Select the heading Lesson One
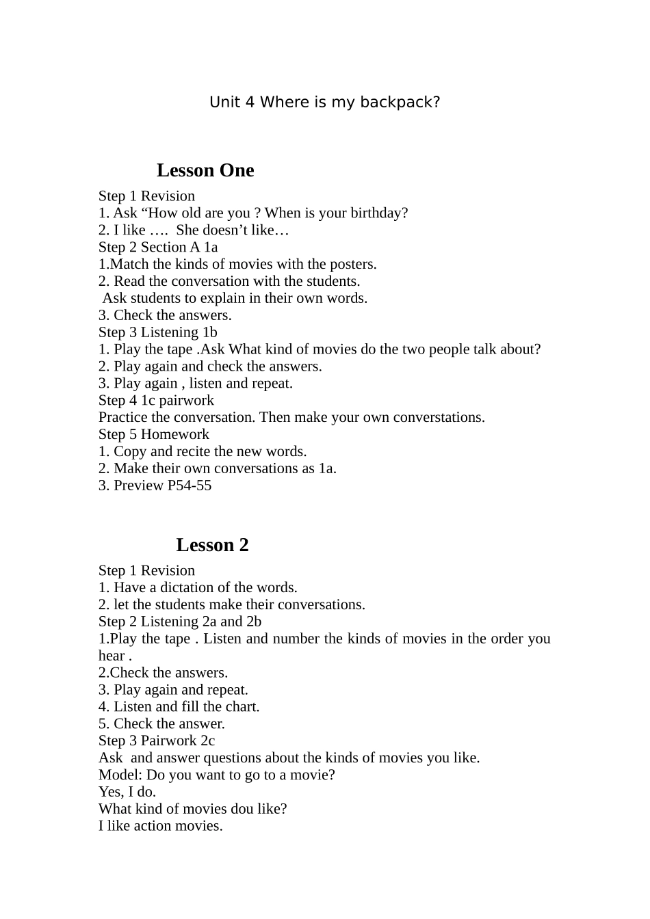[x=205, y=170]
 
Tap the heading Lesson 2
[x=212, y=545]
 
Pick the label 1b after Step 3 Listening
[x=209, y=332]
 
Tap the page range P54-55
[x=190, y=485]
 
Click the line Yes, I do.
[x=127, y=792]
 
